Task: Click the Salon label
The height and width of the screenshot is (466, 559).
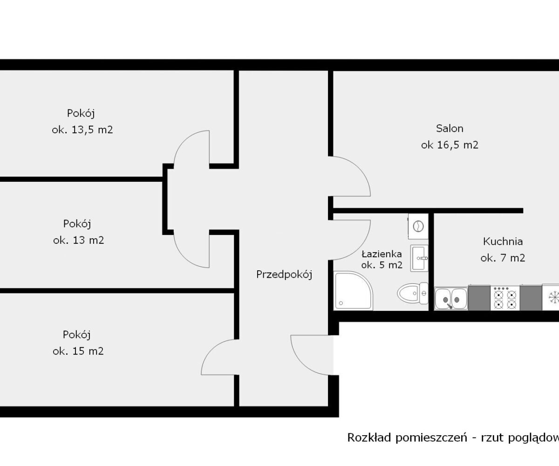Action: [x=450, y=128]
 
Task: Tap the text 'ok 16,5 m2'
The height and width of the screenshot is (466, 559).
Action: [x=450, y=145]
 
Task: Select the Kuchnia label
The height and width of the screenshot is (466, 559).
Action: [x=503, y=241]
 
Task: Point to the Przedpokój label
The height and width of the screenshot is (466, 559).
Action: [x=284, y=274]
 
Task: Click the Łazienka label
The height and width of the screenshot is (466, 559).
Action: [x=382, y=254]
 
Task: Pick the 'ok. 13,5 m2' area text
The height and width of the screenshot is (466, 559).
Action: [x=82, y=130]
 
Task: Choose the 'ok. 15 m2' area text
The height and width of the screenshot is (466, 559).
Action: [x=78, y=351]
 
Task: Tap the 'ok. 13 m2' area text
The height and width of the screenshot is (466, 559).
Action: [x=78, y=240]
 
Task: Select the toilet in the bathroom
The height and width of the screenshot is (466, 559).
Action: [x=412, y=293]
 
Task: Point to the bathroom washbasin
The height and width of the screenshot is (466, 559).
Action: [x=419, y=258]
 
